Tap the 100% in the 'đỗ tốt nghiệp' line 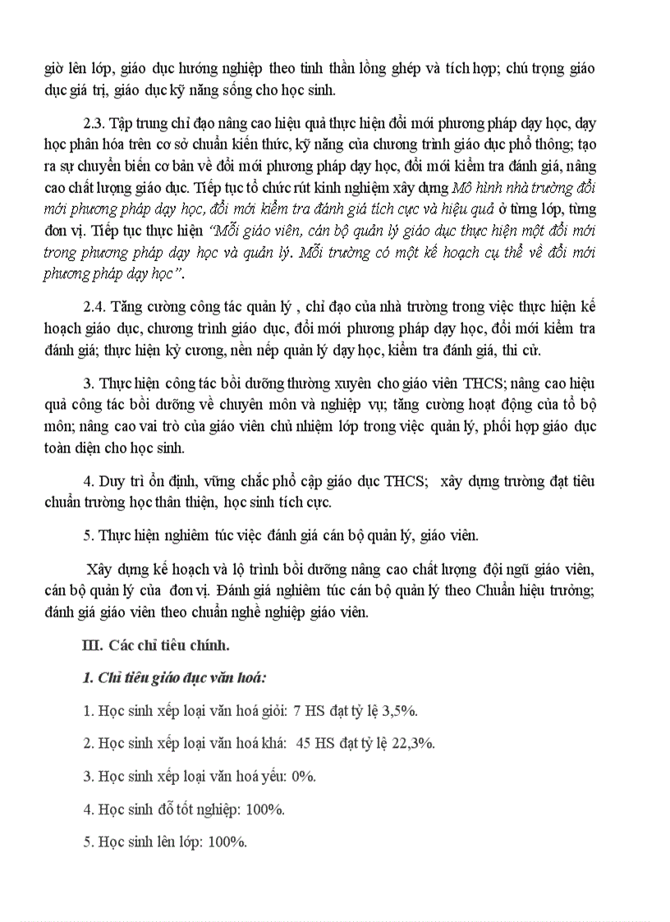tap(264, 809)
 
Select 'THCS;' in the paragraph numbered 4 tap(406, 481)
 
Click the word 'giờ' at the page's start tap(53, 69)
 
